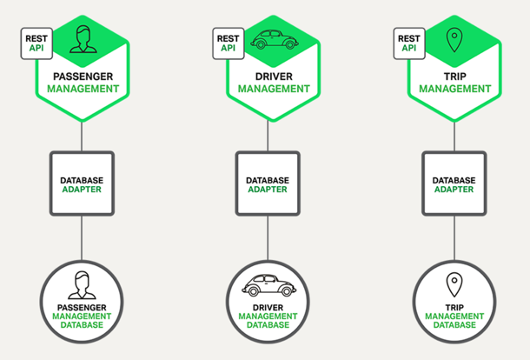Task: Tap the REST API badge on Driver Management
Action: [x=228, y=43]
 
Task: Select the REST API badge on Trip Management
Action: [x=409, y=43]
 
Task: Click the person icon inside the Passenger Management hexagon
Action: [x=83, y=39]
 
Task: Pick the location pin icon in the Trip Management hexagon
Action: [x=454, y=40]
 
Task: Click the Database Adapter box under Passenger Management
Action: [x=82, y=184]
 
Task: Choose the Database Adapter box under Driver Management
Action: [x=268, y=184]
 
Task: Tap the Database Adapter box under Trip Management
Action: [x=454, y=184]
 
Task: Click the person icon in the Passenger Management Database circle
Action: [x=82, y=284]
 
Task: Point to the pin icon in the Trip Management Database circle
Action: [x=454, y=284]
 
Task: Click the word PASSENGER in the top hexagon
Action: [x=83, y=77]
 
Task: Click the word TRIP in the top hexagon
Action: [x=454, y=77]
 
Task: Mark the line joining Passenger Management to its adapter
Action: [x=82, y=136]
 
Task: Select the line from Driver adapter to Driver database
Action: [x=268, y=239]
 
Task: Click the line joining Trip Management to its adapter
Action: [x=454, y=136]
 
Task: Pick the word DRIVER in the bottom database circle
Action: [x=268, y=307]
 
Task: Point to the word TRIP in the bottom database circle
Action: [x=454, y=307]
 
